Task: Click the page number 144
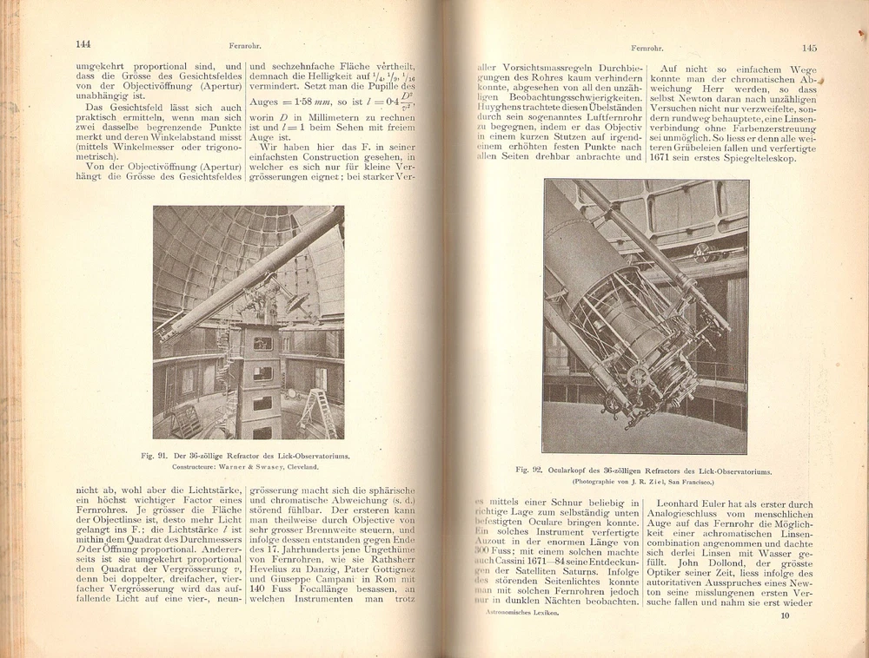pos(83,44)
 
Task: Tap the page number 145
pos(809,49)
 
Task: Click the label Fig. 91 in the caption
pos(154,455)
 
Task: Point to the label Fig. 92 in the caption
pos(528,470)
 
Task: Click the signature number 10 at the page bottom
pos(785,616)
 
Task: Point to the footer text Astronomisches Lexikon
pos(521,612)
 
